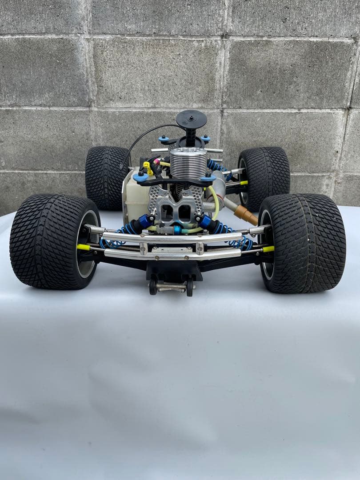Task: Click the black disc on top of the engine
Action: click(x=192, y=119)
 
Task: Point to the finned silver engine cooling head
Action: click(x=188, y=164)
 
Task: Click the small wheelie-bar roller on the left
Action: click(x=153, y=287)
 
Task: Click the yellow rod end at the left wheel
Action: click(x=83, y=247)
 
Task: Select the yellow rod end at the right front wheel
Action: click(x=268, y=249)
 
